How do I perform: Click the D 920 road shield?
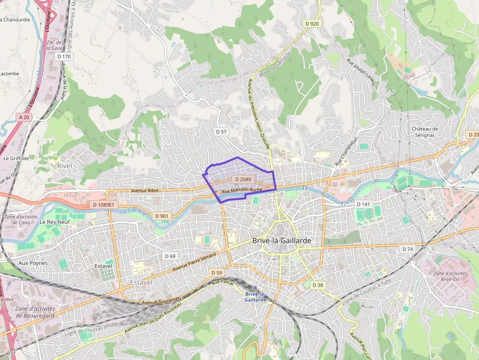click(x=311, y=23)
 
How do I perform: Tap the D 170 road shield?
click(x=64, y=57)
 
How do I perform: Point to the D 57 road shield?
click(x=221, y=132)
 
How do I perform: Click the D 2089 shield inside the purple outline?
click(x=242, y=180)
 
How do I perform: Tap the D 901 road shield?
click(x=161, y=216)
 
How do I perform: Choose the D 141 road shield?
click(x=363, y=204)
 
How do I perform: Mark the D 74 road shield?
click(x=407, y=249)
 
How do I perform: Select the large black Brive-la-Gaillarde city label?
click(x=282, y=241)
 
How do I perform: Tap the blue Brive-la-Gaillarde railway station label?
click(x=256, y=297)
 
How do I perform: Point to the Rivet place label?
click(x=65, y=166)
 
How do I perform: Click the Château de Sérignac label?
click(x=425, y=132)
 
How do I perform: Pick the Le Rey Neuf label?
click(x=55, y=222)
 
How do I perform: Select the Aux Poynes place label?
click(x=33, y=263)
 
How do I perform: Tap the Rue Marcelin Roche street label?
click(x=242, y=190)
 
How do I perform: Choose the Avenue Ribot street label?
click(x=146, y=191)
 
